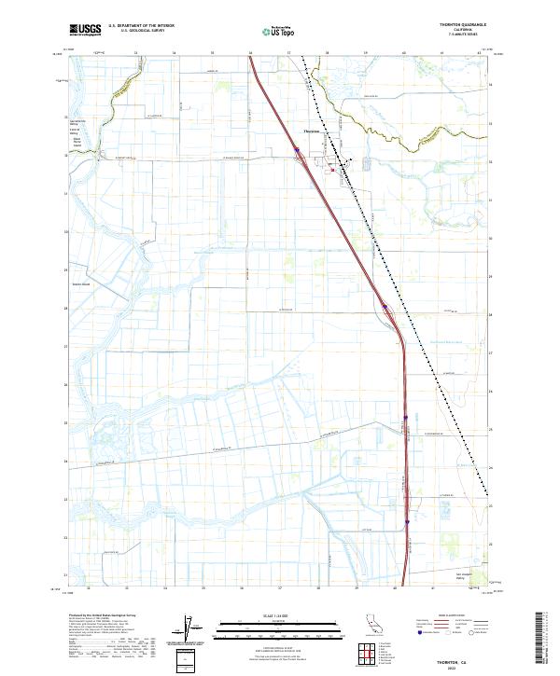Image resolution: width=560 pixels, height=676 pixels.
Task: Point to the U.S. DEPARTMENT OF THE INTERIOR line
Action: [141, 25]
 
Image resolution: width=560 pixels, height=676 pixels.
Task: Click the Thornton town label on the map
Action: [312, 131]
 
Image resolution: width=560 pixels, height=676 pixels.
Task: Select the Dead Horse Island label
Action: [76, 143]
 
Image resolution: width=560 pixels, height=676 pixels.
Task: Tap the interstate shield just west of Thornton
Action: [297, 148]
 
